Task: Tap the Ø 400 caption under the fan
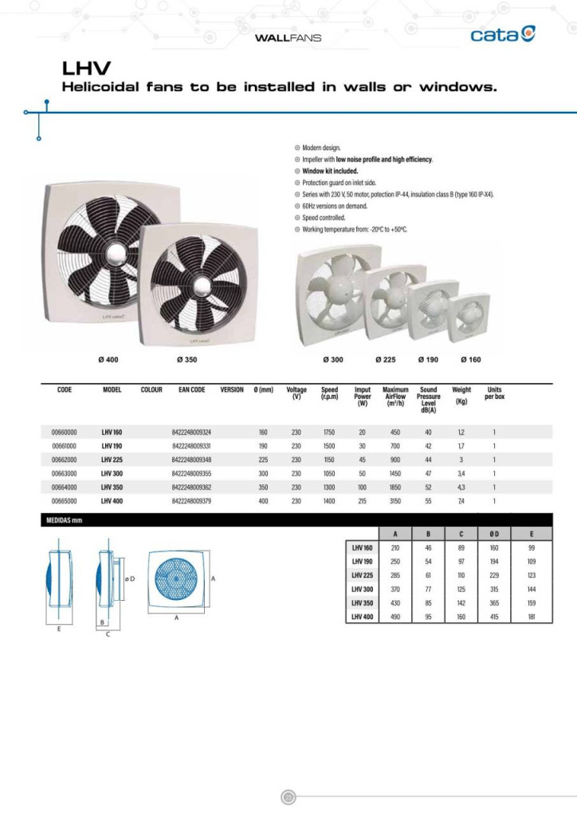coord(108,360)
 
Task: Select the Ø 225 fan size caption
coord(386,360)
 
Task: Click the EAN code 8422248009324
coord(191,432)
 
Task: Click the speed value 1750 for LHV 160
coord(329,432)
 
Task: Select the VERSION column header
coord(232,390)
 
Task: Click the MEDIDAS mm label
coord(61,520)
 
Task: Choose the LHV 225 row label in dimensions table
coord(362,574)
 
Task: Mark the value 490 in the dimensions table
coord(395,617)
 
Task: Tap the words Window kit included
coord(330,171)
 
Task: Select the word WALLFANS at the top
coord(288,37)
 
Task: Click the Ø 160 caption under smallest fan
coord(470,360)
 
